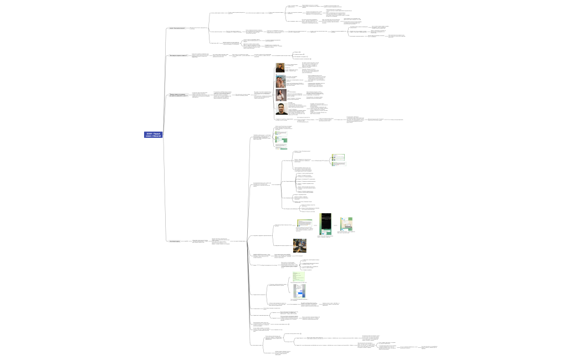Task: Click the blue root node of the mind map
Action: pyautogui.click(x=152, y=135)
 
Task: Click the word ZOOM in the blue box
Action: pyautogui.click(x=149, y=133)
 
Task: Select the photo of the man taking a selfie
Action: pyautogui.click(x=280, y=68)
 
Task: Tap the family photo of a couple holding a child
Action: pyautogui.click(x=280, y=81)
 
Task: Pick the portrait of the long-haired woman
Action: pyautogui.click(x=280, y=95)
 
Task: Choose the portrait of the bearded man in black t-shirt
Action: pyautogui.click(x=280, y=109)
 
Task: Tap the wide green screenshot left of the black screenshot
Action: pyautogui.click(x=304, y=223)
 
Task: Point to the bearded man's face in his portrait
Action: pyautogui.click(x=281, y=106)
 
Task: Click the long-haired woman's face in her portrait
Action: pyautogui.click(x=280, y=92)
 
